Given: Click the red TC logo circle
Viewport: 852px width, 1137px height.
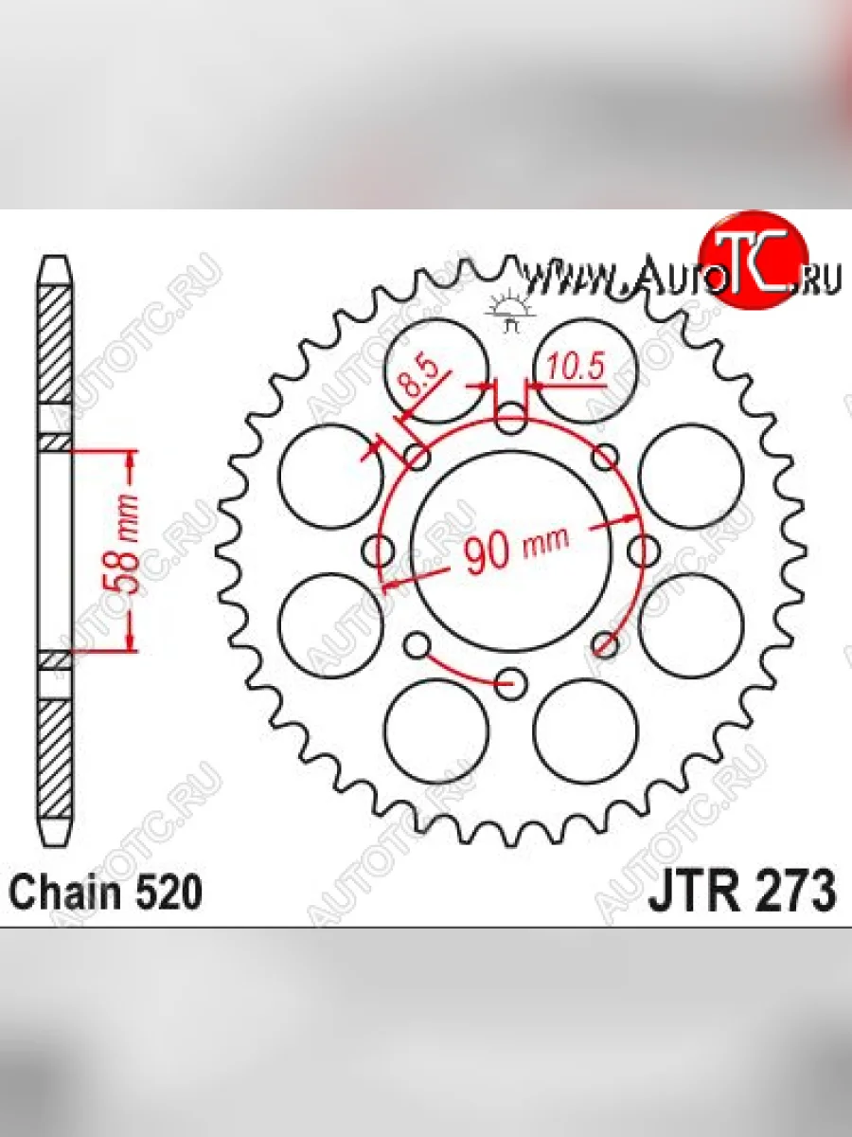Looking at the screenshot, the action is tap(754, 259).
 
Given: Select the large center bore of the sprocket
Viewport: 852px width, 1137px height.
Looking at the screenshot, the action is tap(510, 550).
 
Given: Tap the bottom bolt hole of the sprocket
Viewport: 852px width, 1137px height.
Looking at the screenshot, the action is tap(511, 683).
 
